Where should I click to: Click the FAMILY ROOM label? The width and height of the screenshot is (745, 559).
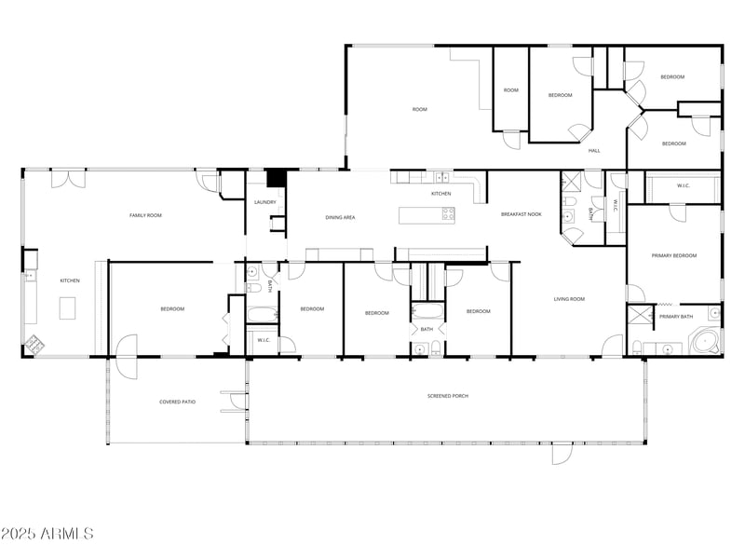tap(145, 215)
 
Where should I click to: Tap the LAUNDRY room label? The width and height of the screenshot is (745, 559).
tap(264, 202)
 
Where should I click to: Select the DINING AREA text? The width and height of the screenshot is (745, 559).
tap(340, 218)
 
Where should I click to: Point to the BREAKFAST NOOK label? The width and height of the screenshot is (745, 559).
tap(521, 214)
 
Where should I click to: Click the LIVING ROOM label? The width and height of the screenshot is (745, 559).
tap(569, 299)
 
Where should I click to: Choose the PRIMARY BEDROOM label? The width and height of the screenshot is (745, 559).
tap(674, 255)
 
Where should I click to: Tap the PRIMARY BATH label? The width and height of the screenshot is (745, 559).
tap(676, 317)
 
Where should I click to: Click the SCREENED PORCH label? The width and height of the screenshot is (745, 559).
tap(448, 396)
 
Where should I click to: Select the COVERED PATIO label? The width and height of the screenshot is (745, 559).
tap(177, 402)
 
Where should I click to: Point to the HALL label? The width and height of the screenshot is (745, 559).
tap(594, 151)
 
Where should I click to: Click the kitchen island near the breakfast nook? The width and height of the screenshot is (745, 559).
tap(427, 215)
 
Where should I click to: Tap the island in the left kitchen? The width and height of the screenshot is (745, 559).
tap(67, 307)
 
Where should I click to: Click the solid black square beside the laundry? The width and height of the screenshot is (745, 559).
tap(276, 178)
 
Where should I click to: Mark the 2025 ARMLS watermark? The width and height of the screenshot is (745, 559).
tap(47, 534)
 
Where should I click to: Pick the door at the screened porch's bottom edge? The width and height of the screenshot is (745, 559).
tap(562, 454)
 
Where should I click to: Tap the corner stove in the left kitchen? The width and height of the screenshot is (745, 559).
tap(33, 344)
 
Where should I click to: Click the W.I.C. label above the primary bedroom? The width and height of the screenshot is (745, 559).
tap(683, 185)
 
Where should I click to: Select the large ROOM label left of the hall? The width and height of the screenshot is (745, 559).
tap(420, 110)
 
